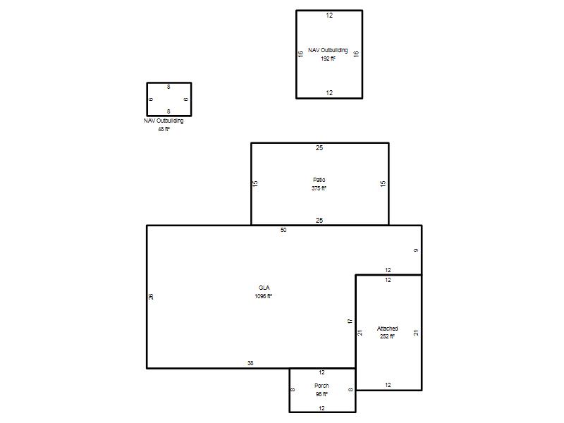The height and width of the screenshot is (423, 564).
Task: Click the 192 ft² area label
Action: click(x=328, y=59)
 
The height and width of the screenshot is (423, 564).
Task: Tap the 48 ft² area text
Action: click(x=164, y=129)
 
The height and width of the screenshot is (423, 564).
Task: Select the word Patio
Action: click(x=319, y=180)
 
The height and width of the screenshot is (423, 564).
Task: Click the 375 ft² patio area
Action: click(x=319, y=188)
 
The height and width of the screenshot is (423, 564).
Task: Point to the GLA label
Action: click(x=264, y=288)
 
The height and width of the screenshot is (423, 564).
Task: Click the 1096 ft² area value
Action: click(x=263, y=296)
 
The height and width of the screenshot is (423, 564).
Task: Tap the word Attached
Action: click(x=387, y=329)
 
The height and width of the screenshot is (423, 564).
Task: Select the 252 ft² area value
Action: click(x=387, y=336)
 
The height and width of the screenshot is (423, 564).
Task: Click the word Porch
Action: click(x=321, y=386)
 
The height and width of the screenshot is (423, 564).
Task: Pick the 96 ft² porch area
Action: click(x=321, y=394)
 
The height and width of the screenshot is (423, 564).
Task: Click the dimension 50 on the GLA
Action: click(x=283, y=230)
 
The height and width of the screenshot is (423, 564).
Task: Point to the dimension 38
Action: click(x=250, y=363)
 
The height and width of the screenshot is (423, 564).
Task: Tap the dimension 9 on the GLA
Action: click(x=416, y=250)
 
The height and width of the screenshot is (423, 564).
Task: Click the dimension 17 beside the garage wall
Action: click(x=350, y=321)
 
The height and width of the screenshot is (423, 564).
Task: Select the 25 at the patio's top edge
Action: click(x=319, y=148)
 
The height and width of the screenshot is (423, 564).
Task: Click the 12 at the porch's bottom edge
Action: click(x=321, y=408)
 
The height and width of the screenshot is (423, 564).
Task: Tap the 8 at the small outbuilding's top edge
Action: click(x=168, y=87)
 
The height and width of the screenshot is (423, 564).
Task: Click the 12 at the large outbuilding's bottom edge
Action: click(x=329, y=93)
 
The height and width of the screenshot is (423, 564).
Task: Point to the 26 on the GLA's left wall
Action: click(x=151, y=297)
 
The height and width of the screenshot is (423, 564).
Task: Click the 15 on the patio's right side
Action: click(x=383, y=183)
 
